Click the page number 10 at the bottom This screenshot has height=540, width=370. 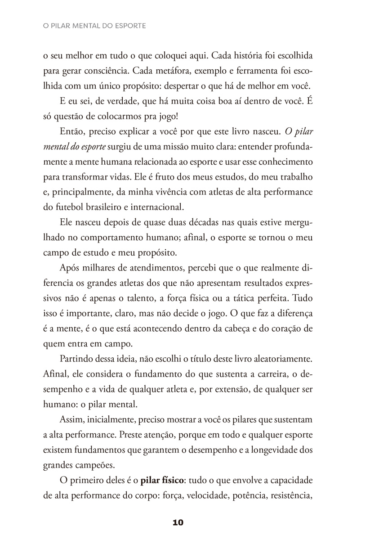178,523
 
